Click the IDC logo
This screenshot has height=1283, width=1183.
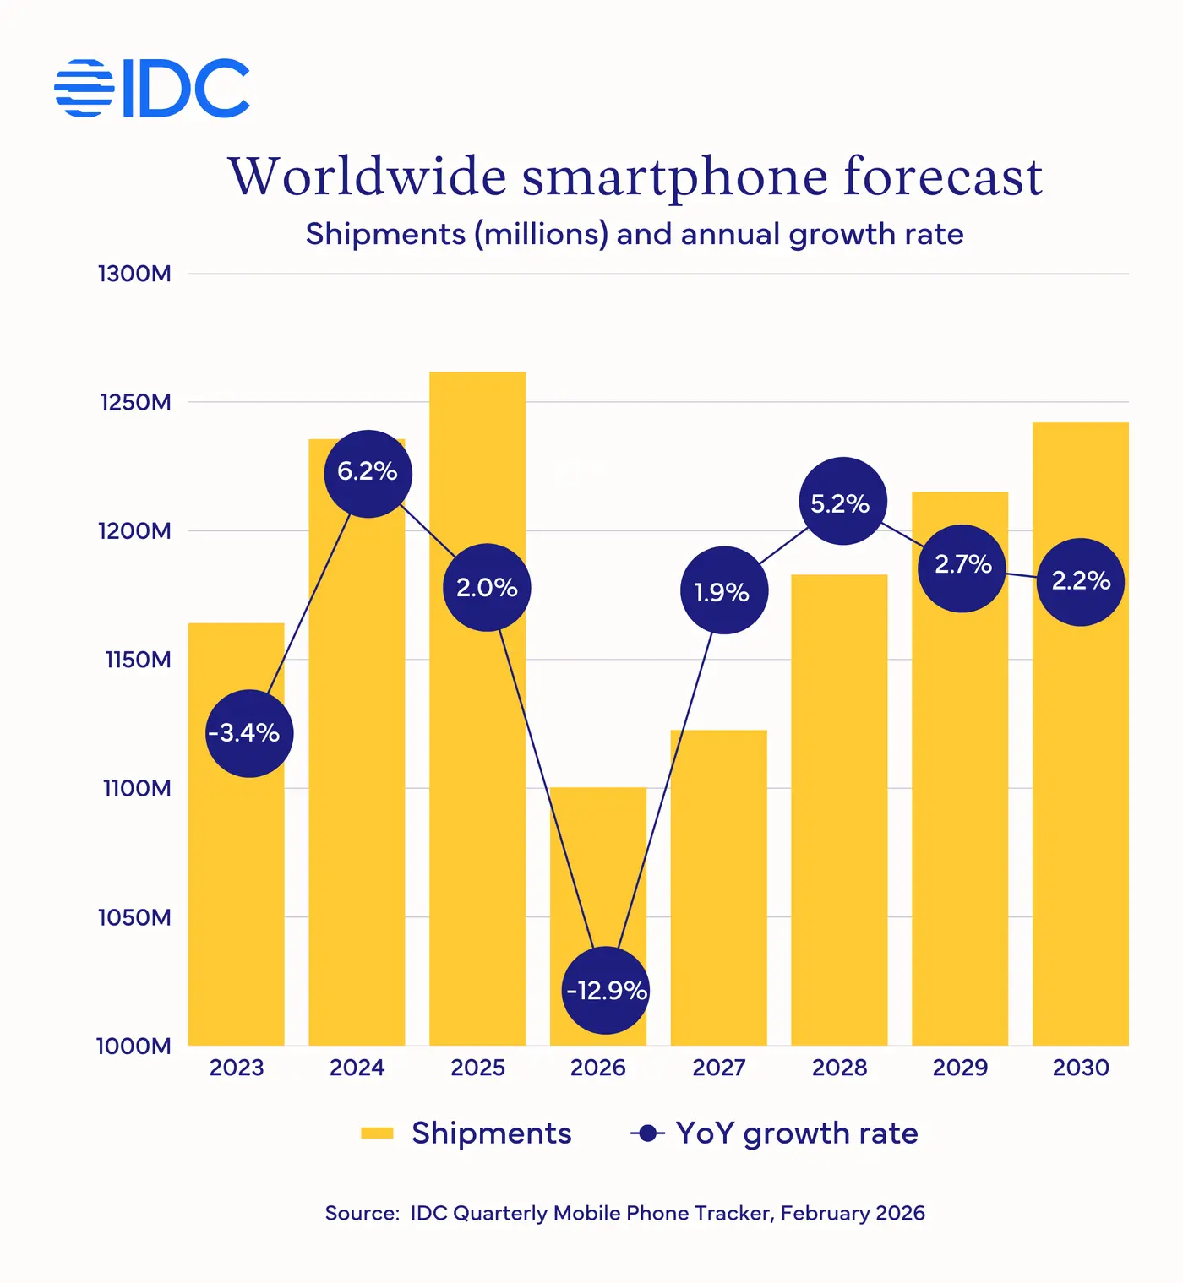click(152, 88)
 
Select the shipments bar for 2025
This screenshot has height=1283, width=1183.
click(477, 760)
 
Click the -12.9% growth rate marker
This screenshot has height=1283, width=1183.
click(606, 990)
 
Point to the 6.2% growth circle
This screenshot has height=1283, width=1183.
click(368, 473)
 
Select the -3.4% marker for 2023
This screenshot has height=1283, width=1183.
click(249, 733)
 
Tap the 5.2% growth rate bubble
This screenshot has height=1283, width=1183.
click(842, 502)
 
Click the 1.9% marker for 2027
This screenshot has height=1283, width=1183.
click(724, 590)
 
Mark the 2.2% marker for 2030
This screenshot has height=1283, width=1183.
click(1080, 582)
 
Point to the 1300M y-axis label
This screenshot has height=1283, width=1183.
click(135, 274)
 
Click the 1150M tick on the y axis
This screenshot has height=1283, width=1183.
click(138, 660)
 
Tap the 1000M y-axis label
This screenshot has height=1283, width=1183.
click(134, 1046)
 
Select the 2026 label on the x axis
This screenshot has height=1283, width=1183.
click(598, 1068)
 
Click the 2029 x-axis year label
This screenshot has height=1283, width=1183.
click(960, 1068)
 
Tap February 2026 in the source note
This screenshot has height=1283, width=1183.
click(853, 1213)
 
